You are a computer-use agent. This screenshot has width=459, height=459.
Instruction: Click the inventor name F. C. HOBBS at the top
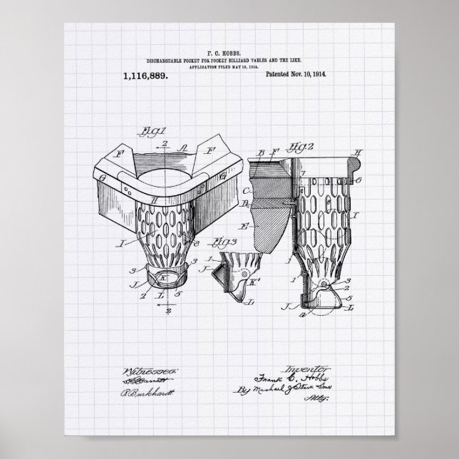tap(229, 52)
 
